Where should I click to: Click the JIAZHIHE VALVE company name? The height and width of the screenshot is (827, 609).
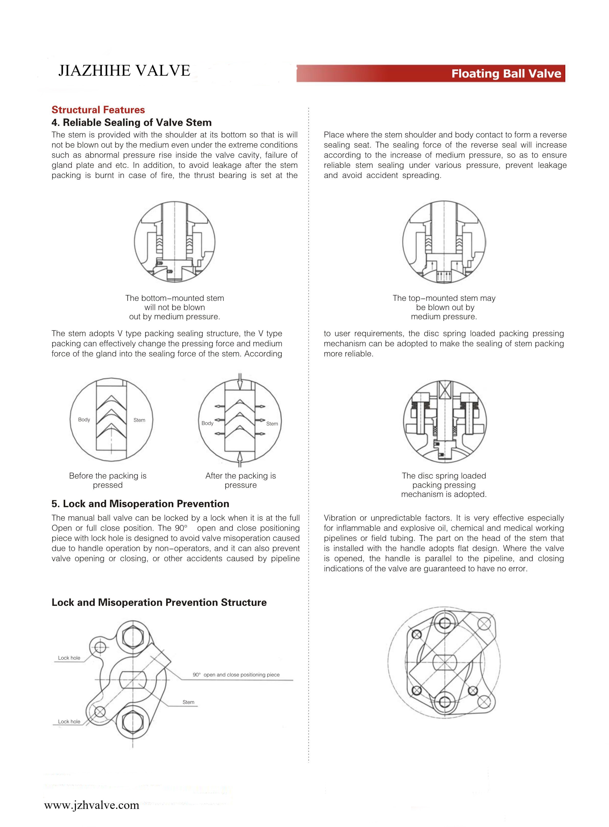click(x=124, y=70)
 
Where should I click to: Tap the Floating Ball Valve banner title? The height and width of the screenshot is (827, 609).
click(x=506, y=74)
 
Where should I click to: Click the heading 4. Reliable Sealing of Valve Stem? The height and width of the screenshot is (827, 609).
click(x=132, y=123)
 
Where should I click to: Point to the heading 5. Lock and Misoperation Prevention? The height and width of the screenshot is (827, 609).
click(x=140, y=504)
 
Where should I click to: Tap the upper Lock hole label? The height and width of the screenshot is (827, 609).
click(x=69, y=658)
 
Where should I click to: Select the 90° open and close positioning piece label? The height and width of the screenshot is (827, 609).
click(x=236, y=675)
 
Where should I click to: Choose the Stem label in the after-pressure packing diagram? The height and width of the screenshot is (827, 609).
click(x=272, y=423)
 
